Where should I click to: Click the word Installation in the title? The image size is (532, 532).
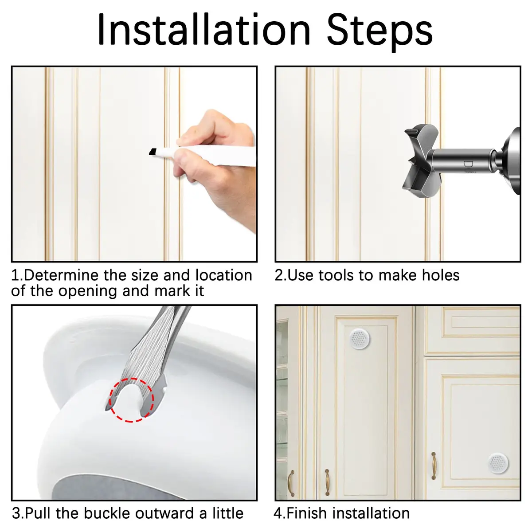pos(204,30)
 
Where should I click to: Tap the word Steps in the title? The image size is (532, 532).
pos(379,32)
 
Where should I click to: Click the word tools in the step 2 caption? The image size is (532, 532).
pos(336,275)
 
